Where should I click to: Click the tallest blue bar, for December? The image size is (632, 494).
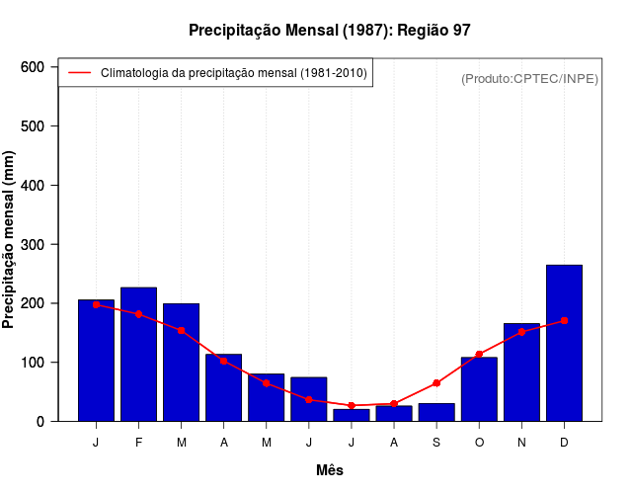pos(564,343)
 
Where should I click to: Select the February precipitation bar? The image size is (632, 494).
pos(138,354)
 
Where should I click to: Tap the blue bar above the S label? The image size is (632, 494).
pos(436,412)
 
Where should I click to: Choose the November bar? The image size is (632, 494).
pos(521,371)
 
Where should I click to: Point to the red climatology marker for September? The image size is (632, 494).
pos(436,382)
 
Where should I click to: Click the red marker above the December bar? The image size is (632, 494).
pos(564,320)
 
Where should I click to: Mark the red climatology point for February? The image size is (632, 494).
pos(138,314)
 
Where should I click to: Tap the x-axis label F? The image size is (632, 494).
pos(138,443)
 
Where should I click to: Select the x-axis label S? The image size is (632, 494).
pos(436,443)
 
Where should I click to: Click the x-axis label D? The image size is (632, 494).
pos(564,443)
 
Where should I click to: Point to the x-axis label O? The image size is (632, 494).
pos(479,443)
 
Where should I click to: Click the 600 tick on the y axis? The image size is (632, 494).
pos(34,67)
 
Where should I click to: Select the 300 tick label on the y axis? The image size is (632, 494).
pos(34,244)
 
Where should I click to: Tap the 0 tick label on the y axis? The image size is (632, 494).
pos(40,422)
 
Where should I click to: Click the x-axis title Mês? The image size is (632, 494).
pos(330,470)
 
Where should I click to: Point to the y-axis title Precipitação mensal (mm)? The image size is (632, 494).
pos(10,240)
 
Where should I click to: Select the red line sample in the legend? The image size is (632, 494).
pos(79,73)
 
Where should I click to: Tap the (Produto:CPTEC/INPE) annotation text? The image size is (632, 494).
pos(529,79)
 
